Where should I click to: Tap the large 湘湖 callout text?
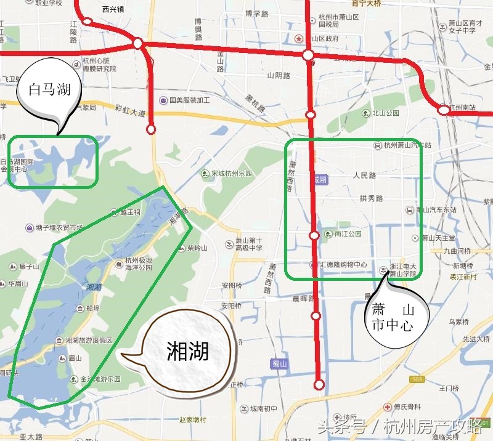pos(188,350)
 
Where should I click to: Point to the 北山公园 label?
pos(385,113)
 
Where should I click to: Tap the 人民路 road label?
pos(364,176)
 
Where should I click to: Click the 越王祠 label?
pos(130,212)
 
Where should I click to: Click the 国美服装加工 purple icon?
pos(163,100)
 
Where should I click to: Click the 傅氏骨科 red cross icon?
pos(386,407)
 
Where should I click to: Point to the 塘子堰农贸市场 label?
pos(59,228)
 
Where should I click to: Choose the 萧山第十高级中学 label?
pos(249,244)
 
